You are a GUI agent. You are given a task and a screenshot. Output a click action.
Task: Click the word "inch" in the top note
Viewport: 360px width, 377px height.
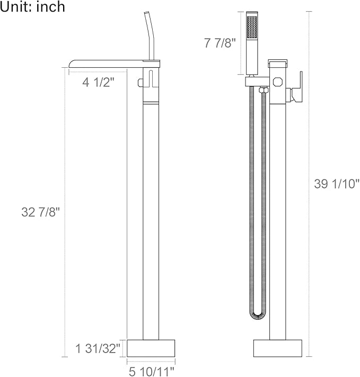(x=50, y=7)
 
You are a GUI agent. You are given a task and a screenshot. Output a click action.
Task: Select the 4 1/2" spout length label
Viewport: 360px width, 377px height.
(x=98, y=83)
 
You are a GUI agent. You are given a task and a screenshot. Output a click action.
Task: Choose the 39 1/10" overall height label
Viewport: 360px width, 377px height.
(x=337, y=184)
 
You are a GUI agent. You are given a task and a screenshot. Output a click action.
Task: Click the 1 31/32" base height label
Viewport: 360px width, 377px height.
(x=98, y=348)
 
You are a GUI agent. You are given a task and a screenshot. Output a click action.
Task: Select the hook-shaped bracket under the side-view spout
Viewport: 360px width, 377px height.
(x=142, y=83)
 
